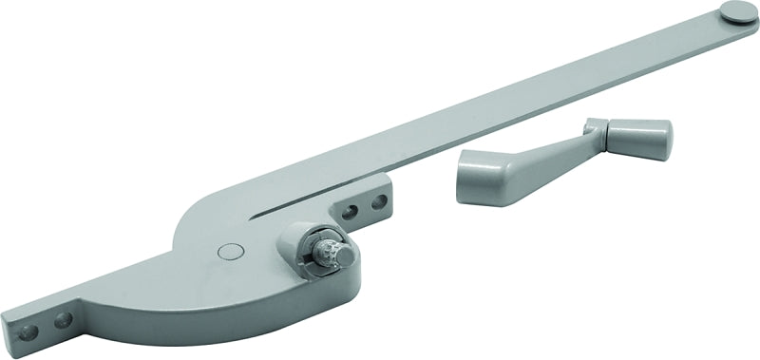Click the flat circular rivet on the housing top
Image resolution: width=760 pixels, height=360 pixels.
point(226,251)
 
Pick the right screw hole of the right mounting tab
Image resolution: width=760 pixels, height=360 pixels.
point(379,200)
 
